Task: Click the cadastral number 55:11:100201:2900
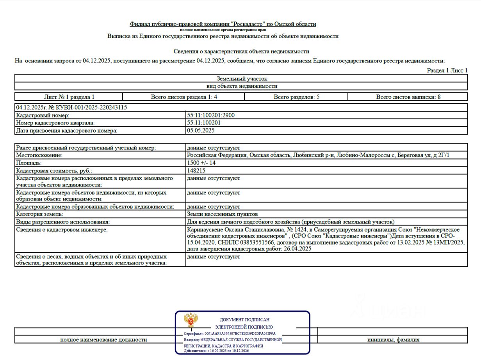pyautogui.click(x=211, y=115)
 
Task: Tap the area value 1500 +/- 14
pyautogui.click(x=201, y=163)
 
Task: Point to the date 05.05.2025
pyautogui.click(x=201, y=131)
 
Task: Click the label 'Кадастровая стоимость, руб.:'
pyautogui.click(x=54, y=170)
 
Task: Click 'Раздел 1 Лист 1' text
pyautogui.click(x=447, y=70)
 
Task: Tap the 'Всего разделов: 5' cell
pyautogui.click(x=297, y=97)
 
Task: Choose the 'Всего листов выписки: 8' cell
pyautogui.click(x=408, y=97)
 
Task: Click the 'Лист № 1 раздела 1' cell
pyautogui.click(x=69, y=97)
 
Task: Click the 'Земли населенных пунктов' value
pyautogui.click(x=222, y=214)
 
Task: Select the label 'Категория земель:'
pyautogui.click(x=39, y=214)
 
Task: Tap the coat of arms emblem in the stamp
pyautogui.click(x=191, y=320)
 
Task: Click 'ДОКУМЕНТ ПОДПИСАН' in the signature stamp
pyautogui.click(x=244, y=320)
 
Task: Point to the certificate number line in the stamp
pyautogui.click(x=230, y=334)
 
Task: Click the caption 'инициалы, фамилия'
pyautogui.click(x=393, y=340)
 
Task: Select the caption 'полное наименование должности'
pyautogui.click(x=103, y=340)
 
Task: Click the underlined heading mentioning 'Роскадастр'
pyautogui.click(x=223, y=24)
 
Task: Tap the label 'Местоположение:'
pyautogui.click(x=39, y=155)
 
